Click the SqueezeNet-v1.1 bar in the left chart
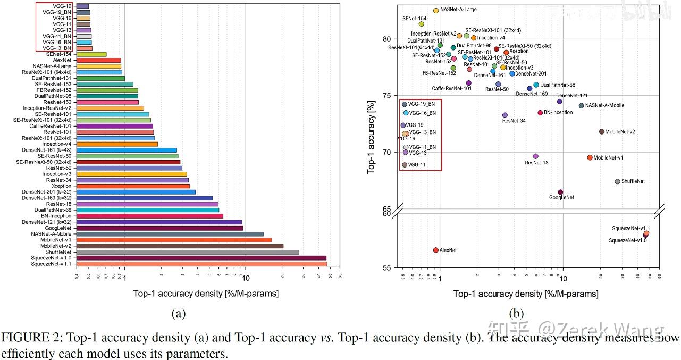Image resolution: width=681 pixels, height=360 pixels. (x=202, y=264)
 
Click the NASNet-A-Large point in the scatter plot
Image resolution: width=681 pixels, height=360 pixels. (x=436, y=10)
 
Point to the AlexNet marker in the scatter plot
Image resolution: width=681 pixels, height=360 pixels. (x=436, y=250)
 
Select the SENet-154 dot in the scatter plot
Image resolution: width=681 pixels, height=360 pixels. (x=422, y=24)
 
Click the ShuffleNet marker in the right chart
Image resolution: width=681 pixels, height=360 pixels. (x=617, y=181)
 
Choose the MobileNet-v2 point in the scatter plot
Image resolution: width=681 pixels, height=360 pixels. (x=602, y=132)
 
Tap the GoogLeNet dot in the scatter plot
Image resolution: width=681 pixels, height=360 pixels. (x=560, y=192)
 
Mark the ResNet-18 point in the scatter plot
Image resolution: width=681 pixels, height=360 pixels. (x=535, y=156)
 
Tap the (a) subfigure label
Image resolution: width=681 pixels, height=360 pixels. (x=178, y=314)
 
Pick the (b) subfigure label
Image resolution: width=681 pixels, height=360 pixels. (x=516, y=314)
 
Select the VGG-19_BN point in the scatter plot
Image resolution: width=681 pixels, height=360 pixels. (x=405, y=104)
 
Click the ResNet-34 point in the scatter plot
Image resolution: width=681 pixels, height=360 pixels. (x=505, y=115)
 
